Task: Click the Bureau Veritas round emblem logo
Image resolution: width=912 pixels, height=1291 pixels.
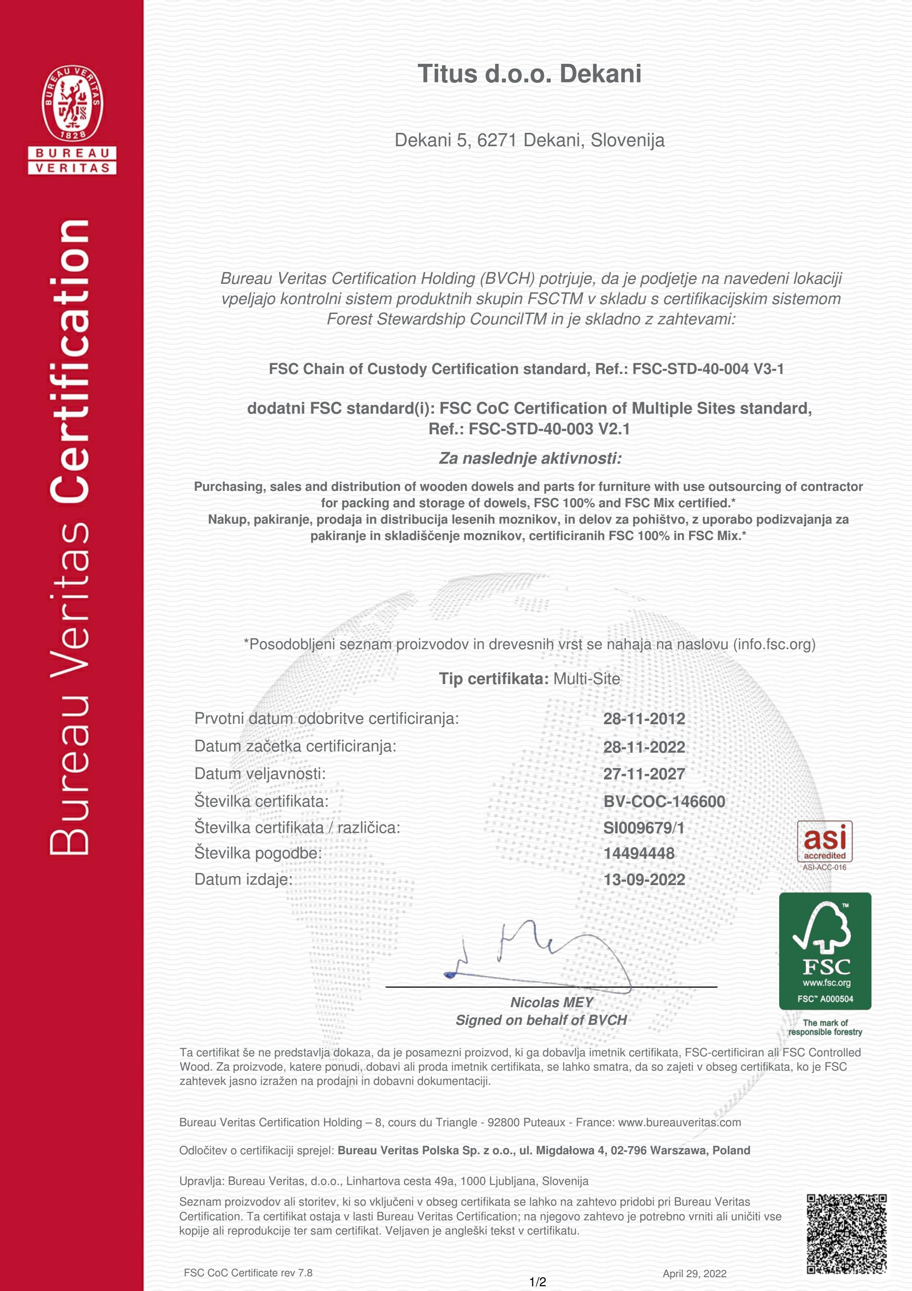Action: tap(72, 104)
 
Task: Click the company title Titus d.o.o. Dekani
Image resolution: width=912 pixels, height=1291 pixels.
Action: tap(529, 74)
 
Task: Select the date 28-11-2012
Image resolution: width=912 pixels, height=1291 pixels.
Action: tap(644, 719)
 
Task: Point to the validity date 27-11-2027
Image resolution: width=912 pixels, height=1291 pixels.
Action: tap(644, 774)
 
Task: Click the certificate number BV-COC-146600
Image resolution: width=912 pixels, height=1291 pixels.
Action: tap(664, 801)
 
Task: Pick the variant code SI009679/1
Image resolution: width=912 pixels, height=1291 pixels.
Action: tap(644, 828)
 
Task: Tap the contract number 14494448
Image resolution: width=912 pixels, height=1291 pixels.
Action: tap(639, 853)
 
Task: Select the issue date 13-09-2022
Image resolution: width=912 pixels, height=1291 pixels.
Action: tap(644, 880)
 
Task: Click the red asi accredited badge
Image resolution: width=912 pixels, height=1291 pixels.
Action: tap(824, 841)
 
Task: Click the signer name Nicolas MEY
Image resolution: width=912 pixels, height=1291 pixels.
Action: tap(552, 1002)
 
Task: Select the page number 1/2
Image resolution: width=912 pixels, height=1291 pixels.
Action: tap(538, 1282)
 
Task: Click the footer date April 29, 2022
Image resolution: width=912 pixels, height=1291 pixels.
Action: tap(694, 1274)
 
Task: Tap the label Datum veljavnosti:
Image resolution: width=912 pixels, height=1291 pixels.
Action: tap(260, 774)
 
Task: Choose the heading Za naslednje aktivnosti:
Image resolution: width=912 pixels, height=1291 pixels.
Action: tap(530, 458)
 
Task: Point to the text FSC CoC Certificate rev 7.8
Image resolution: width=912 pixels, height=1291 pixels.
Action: tap(248, 1273)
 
